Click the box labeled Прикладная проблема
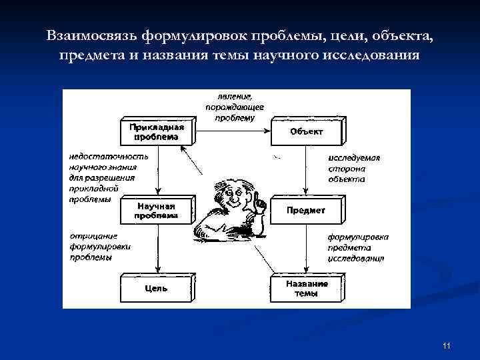click(155, 132)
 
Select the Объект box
click(306, 132)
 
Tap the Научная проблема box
click(155, 211)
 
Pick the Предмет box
click(306, 211)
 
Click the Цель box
click(155, 289)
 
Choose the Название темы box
click(306, 289)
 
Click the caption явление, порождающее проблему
click(235, 107)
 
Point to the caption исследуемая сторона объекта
click(354, 169)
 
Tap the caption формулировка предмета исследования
click(357, 247)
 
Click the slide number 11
click(447, 345)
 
